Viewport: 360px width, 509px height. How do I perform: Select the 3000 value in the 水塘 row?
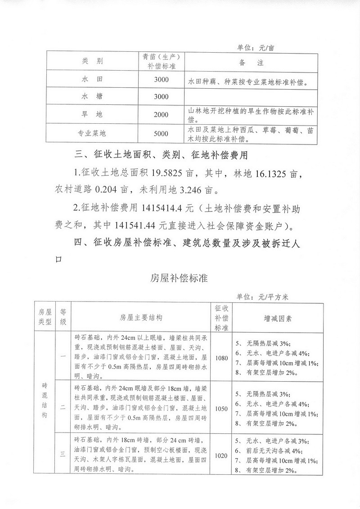click(161, 97)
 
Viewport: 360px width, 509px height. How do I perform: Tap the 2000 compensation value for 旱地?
click(161, 115)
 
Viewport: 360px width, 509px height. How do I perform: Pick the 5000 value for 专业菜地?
click(161, 134)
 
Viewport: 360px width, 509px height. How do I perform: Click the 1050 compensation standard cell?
click(222, 409)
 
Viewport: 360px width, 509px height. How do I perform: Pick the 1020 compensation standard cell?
click(222, 455)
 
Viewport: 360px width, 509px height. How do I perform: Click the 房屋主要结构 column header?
click(141, 318)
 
